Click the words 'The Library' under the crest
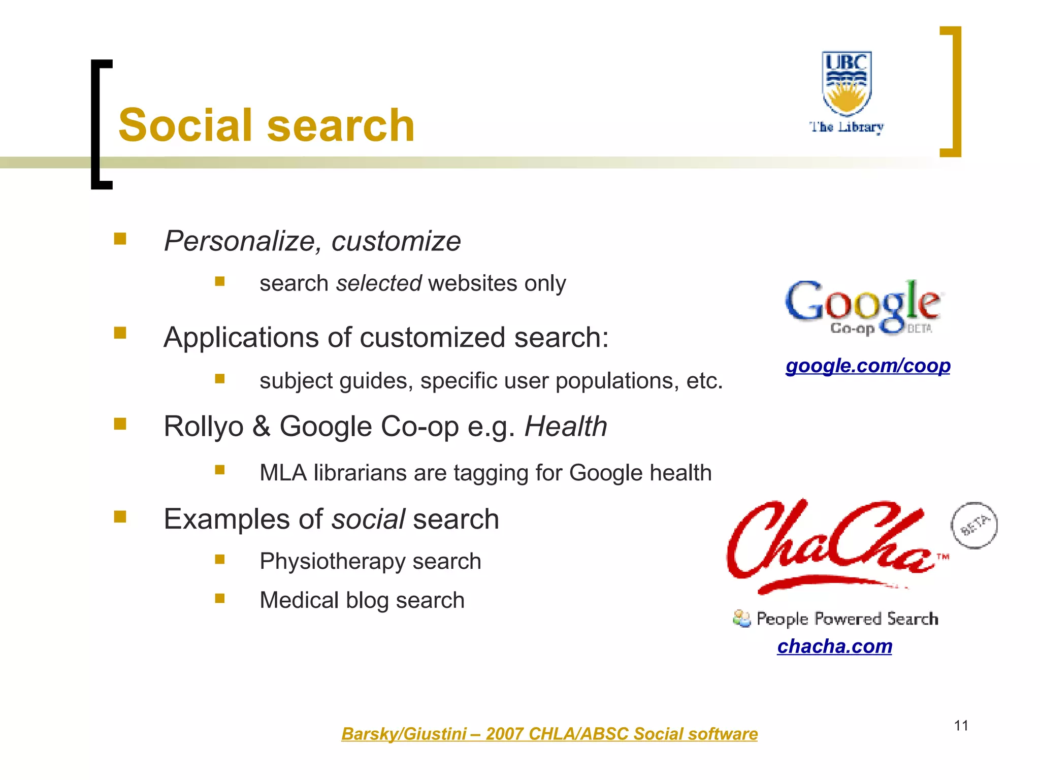[847, 126]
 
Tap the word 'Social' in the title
[185, 125]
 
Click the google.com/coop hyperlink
[868, 366]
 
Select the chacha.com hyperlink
[834, 646]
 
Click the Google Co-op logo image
[863, 307]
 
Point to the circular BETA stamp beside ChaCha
[973, 526]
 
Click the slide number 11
[961, 726]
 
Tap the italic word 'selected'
[378, 283]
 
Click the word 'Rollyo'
[204, 426]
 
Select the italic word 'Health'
[565, 426]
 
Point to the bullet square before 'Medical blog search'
[219, 598]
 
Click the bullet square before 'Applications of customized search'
[120, 333]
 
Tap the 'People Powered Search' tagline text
[847, 619]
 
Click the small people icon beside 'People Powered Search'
[741, 619]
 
